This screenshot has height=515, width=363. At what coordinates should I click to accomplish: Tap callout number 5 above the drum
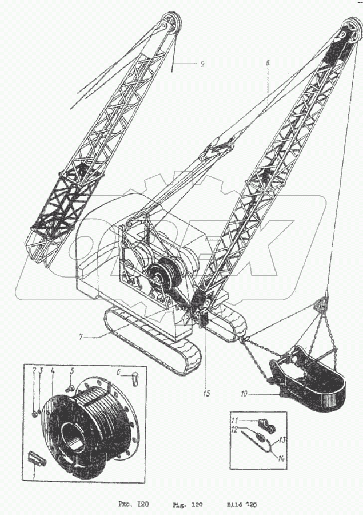pos(72,371)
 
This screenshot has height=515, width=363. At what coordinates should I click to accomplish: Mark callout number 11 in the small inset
pos(233,420)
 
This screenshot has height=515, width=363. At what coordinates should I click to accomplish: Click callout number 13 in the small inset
pos(282,440)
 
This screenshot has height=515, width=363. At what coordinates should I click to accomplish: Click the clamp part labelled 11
pos(265,425)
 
